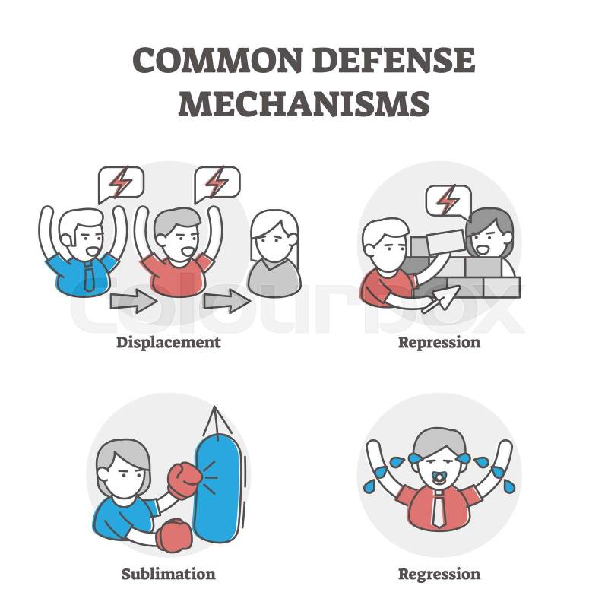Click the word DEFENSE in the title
coord(394,60)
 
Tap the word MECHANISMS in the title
coord(304,103)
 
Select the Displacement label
coord(169,343)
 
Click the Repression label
coord(439,343)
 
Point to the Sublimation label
coord(169,574)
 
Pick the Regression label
coord(439,575)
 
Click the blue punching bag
coord(217,489)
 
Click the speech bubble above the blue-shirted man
coord(121,184)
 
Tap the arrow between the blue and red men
coord(134,302)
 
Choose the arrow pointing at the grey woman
coord(227,301)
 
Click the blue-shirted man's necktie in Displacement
coord(89,277)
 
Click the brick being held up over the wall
coord(446,241)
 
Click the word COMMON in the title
coord(217,60)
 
